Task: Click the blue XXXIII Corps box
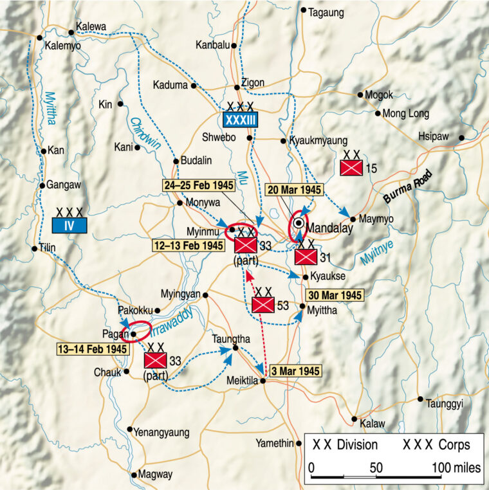pos(240,119)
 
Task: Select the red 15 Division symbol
pos(352,168)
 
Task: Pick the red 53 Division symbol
pos(264,304)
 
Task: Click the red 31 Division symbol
pos(305,257)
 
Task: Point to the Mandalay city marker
pos(299,223)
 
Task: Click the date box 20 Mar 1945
pos(293,190)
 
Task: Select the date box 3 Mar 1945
pos(293,371)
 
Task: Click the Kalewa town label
pos(91,27)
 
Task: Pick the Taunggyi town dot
pos(420,399)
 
